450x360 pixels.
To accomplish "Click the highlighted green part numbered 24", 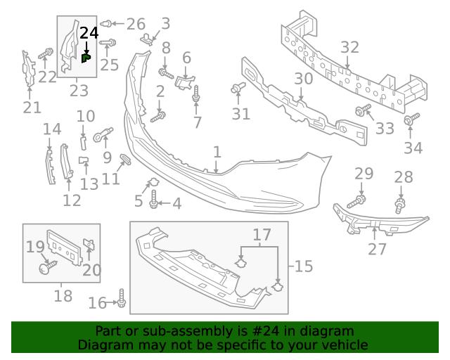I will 86,58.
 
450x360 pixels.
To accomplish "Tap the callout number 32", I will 349,48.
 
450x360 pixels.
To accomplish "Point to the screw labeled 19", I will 47,267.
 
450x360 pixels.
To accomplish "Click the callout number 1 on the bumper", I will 217,152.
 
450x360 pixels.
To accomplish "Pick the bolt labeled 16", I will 122,299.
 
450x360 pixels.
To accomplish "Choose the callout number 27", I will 377,250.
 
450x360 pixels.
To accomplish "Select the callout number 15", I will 303,266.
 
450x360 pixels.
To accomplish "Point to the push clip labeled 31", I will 237,89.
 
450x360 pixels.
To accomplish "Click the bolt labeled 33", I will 364,110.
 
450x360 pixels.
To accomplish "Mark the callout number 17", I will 262,234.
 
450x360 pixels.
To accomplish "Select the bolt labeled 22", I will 46,53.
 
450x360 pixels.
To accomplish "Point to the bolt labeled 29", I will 356,200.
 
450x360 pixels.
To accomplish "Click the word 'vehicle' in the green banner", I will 344,345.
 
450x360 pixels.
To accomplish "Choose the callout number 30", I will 303,79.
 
